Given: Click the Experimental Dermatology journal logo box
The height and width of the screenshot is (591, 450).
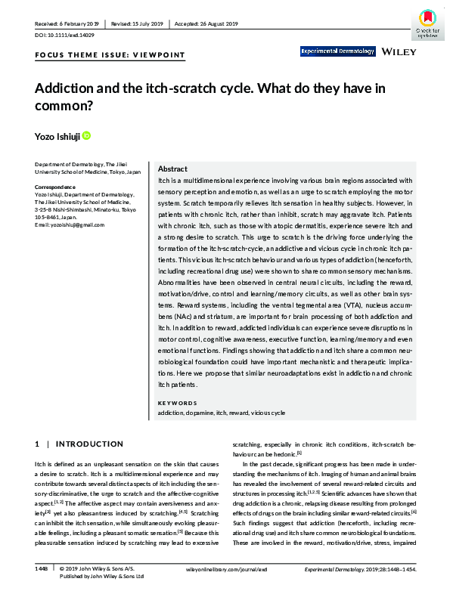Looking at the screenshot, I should (337, 51).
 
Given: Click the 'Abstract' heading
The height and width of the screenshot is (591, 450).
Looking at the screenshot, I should (172, 169).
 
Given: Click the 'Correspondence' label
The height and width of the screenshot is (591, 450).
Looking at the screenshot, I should (57, 186).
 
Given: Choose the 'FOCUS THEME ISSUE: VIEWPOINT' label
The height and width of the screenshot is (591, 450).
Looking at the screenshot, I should (109, 56).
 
